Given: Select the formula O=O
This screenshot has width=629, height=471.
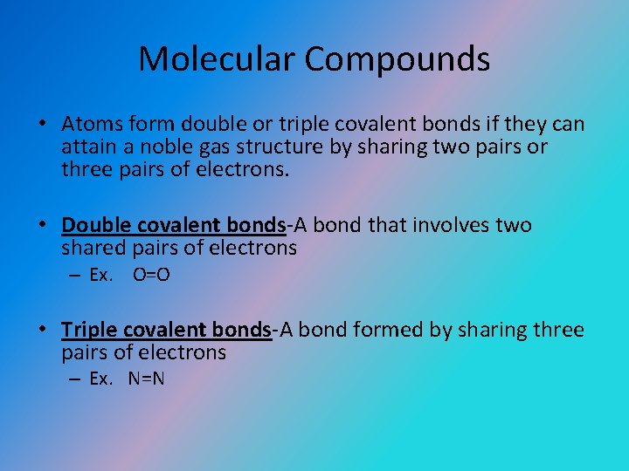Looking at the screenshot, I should coord(151,276).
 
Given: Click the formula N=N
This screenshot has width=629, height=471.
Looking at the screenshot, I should coord(147,379).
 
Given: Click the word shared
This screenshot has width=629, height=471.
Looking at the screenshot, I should coord(92,249).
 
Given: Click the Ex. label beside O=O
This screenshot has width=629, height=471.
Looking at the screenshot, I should coord(101,276).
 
